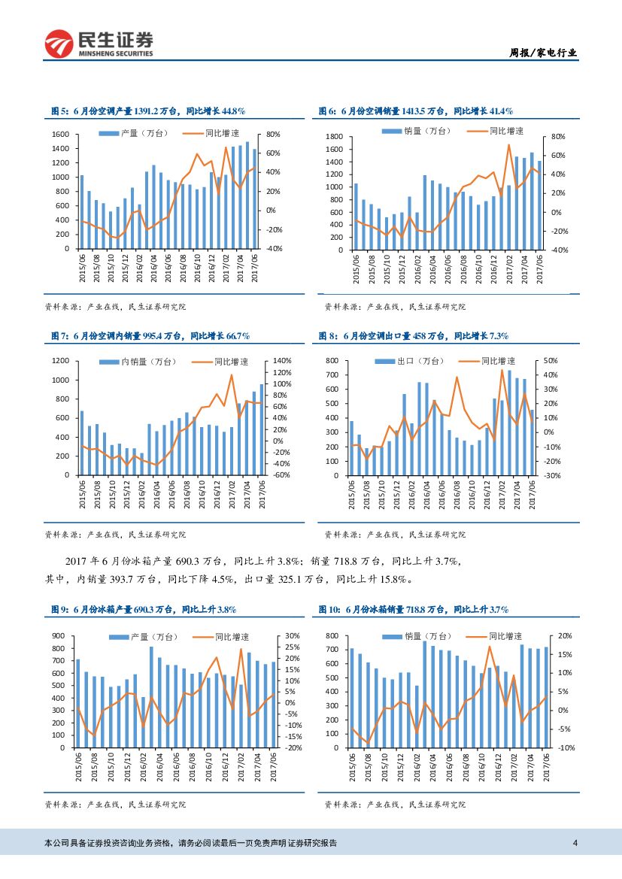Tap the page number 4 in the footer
click(575, 843)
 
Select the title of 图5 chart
click(148, 111)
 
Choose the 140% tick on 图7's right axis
click(282, 362)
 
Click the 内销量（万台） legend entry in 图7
click(147, 362)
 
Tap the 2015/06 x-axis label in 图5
click(81, 268)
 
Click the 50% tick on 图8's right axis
click(550, 362)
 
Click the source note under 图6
click(395, 307)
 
